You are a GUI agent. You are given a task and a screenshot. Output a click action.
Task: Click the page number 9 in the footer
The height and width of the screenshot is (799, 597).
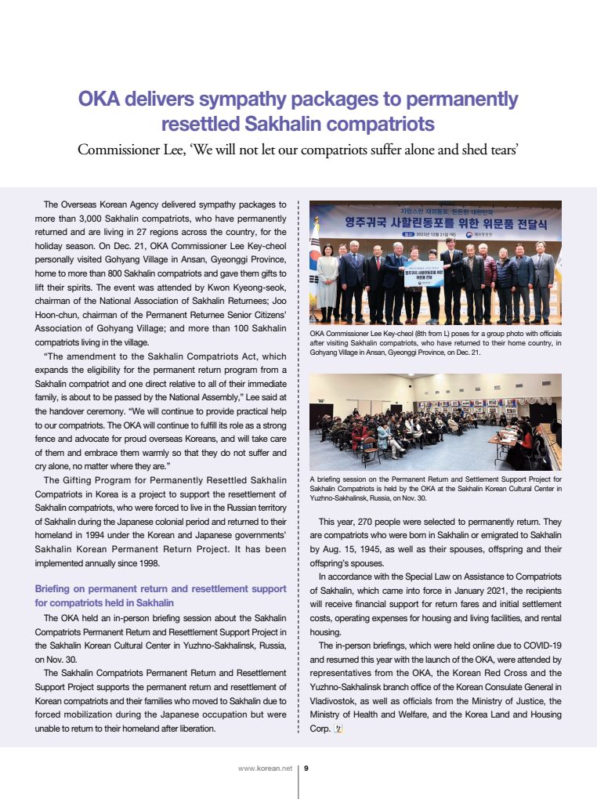[x=306, y=768]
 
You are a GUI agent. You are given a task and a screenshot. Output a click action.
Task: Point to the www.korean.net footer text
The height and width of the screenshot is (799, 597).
[x=264, y=768]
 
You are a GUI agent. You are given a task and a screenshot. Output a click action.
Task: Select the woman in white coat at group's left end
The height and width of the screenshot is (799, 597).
[x=328, y=280]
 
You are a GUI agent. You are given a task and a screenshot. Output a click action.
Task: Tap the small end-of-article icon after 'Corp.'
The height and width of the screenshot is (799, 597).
[x=338, y=728]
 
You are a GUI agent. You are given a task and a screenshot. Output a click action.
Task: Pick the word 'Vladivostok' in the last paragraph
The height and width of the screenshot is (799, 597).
[x=334, y=701]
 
